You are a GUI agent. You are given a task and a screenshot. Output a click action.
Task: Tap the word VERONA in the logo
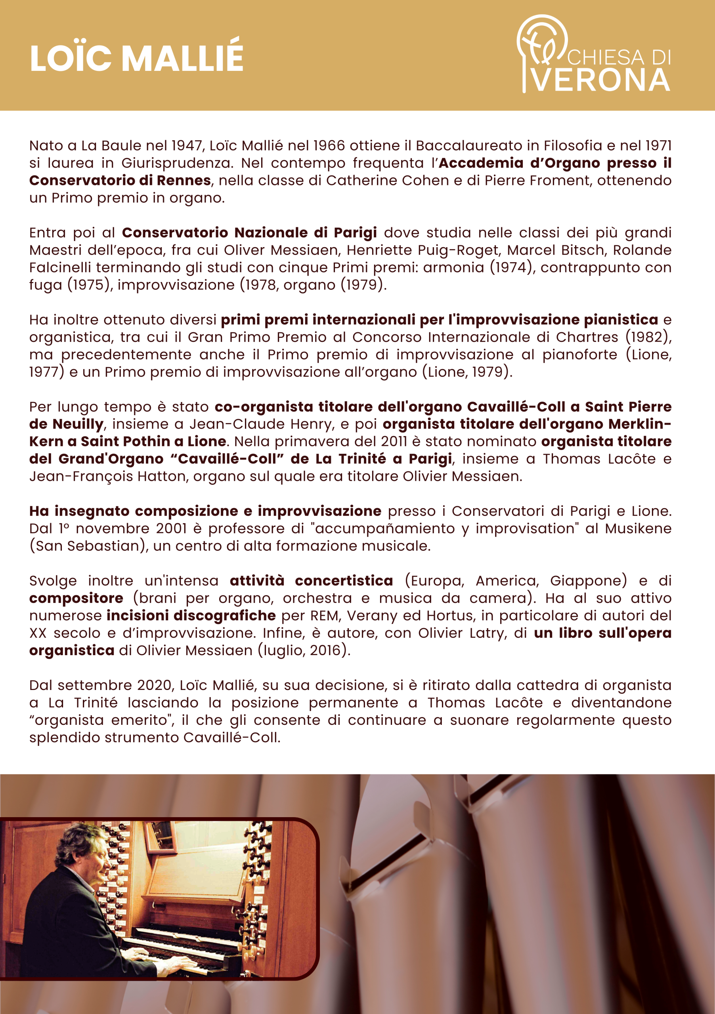tap(602, 80)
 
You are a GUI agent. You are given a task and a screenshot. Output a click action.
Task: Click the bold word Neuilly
tap(78, 424)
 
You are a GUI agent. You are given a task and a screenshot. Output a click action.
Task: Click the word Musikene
tap(638, 529)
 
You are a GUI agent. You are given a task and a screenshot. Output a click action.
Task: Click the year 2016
tap(325, 650)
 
